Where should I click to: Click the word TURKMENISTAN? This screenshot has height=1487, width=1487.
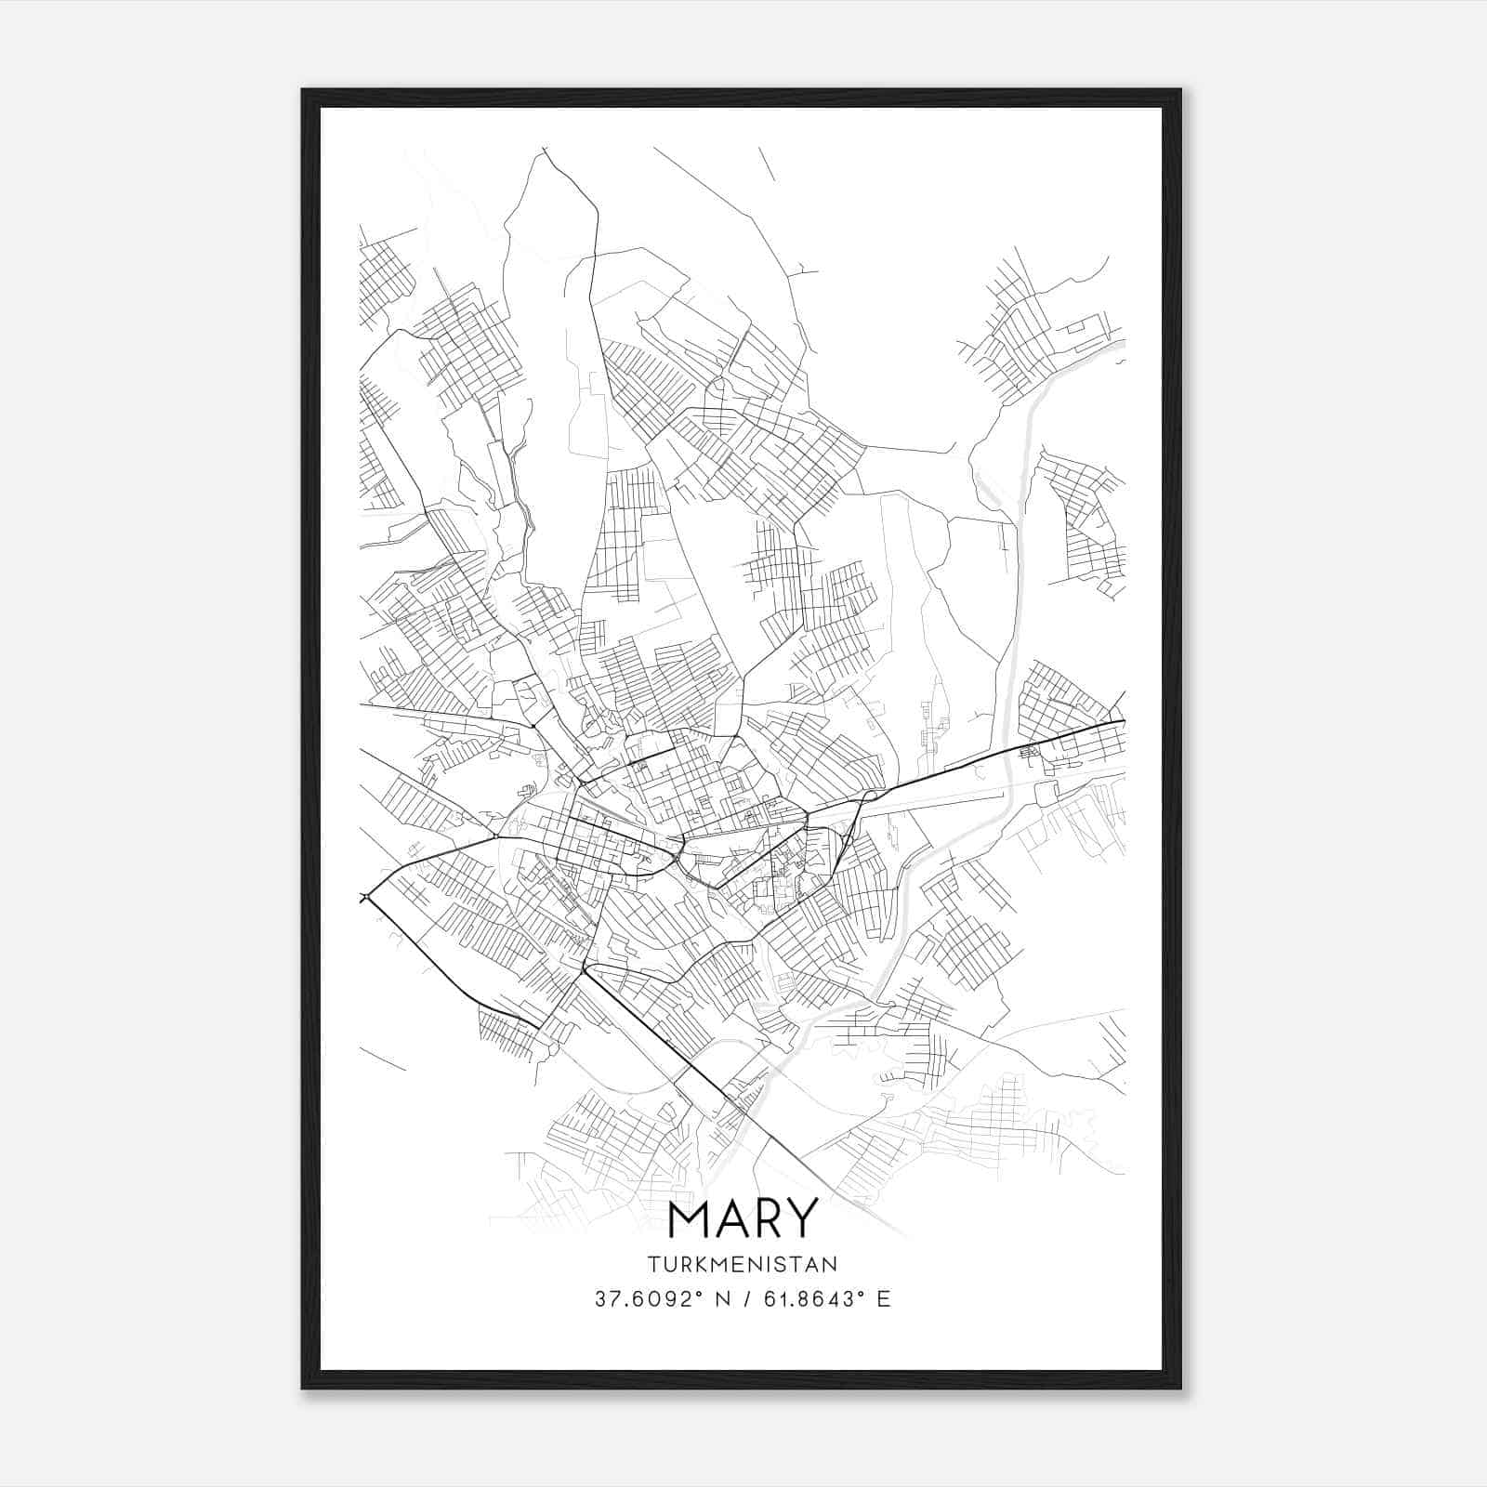pos(743,1264)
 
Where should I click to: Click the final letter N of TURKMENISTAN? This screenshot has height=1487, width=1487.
pos(831,1264)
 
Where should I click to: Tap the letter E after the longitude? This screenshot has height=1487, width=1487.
pos(884,1298)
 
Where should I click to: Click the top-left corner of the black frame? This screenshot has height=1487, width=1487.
pos(303,90)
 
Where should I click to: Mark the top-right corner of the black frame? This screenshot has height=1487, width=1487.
pos(1180,90)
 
